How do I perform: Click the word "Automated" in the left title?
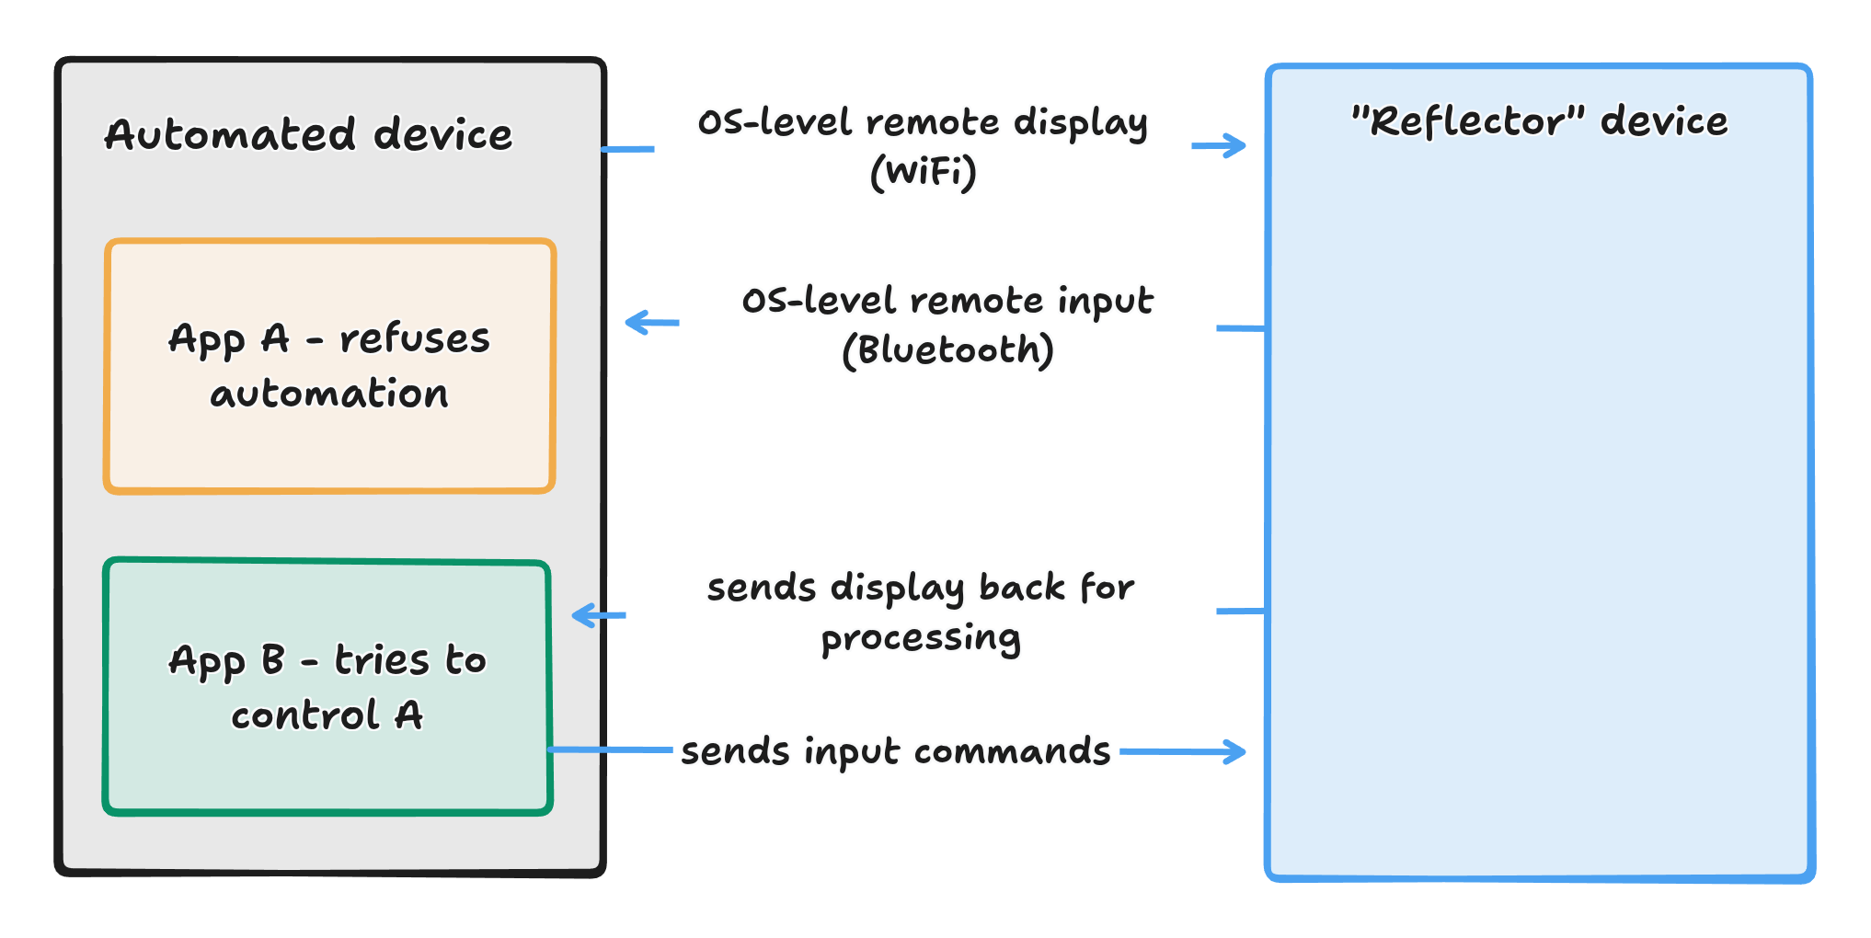pyautogui.click(x=229, y=135)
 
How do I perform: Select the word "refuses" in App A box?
pyautogui.click(x=415, y=338)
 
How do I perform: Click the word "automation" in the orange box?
pyautogui.click(x=329, y=394)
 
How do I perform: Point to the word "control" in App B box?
pyautogui.click(x=304, y=715)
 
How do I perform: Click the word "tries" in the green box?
pyautogui.click(x=382, y=660)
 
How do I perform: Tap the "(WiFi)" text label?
pyautogui.click(x=924, y=172)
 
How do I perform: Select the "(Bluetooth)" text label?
pyautogui.click(x=947, y=350)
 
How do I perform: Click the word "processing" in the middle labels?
pyautogui.click(x=921, y=638)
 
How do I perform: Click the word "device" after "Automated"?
pyautogui.click(x=442, y=135)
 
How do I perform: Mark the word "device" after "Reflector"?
pyautogui.click(x=1664, y=121)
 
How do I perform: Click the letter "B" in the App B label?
pyautogui.click(x=273, y=660)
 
